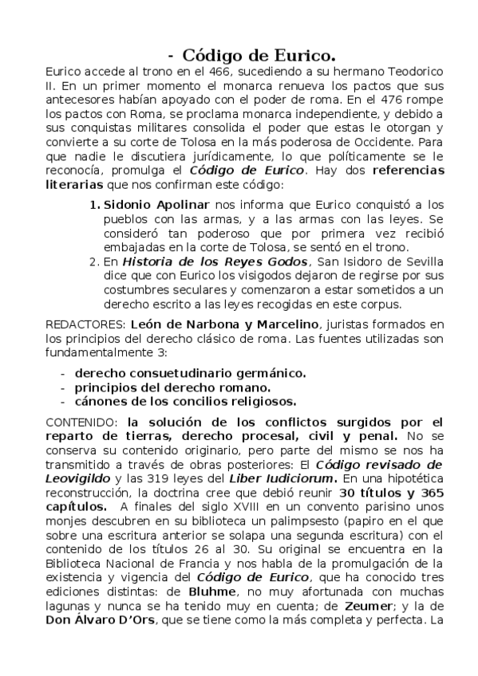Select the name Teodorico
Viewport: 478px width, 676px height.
click(413, 72)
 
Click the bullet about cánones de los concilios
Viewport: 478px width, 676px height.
click(185, 401)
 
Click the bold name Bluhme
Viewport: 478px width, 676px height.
click(209, 593)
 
